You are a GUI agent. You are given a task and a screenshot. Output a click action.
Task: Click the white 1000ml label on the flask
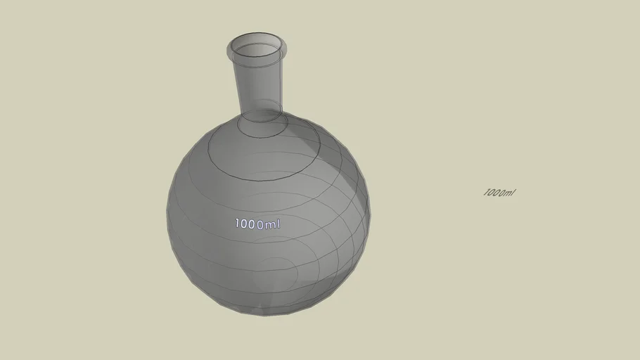tap(257, 224)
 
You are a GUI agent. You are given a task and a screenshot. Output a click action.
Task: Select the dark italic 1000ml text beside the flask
tap(499, 193)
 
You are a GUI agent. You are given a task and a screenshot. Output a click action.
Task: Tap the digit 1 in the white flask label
tap(237, 224)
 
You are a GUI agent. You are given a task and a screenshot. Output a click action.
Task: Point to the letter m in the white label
tap(271, 225)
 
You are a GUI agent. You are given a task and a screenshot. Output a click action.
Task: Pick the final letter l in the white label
tap(279, 224)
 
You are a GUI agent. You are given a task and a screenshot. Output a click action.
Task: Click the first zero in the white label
tap(243, 224)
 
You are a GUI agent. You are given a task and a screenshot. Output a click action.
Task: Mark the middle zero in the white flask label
tap(251, 224)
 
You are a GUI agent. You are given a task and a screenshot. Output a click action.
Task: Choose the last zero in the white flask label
tap(260, 225)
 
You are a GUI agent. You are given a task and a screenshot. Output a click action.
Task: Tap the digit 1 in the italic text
tap(485, 193)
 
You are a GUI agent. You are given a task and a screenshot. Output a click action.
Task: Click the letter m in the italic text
tap(508, 193)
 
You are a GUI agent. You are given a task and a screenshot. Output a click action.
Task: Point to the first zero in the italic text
tap(490, 193)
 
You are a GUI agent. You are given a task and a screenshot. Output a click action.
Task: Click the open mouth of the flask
tap(257, 51)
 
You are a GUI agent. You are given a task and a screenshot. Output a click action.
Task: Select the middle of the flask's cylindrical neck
tap(261, 84)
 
